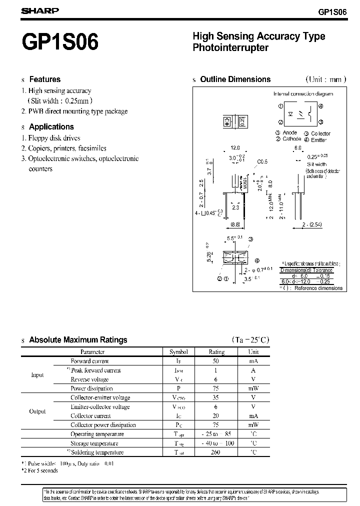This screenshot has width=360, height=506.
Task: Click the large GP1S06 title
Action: (x=60, y=42)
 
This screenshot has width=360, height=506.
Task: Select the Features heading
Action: (x=44, y=79)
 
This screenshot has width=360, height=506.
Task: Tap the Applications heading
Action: (x=51, y=127)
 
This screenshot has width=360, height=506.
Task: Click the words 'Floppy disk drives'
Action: (x=54, y=138)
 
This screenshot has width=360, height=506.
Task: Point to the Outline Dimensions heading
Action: (x=235, y=79)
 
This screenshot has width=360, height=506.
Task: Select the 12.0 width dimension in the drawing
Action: (x=235, y=148)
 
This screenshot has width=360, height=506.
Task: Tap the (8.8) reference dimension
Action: (x=235, y=225)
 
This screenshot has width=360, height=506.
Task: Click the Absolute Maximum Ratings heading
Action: (x=78, y=340)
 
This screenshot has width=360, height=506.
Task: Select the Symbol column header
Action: (x=178, y=351)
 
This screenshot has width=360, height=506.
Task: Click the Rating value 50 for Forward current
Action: (x=216, y=361)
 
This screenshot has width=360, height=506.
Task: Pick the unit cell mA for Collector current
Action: (x=253, y=416)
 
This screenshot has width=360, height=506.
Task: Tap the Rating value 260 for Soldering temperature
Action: (x=216, y=452)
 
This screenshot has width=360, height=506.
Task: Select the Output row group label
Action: (x=37, y=411)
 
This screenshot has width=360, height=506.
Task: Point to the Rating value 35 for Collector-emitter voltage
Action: (x=216, y=398)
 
